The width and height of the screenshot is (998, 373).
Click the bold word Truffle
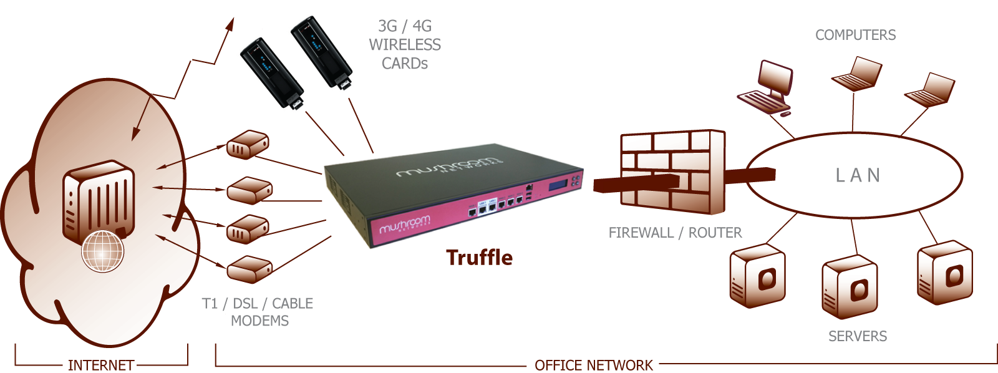click(479, 258)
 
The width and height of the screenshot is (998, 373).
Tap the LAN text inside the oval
click(858, 175)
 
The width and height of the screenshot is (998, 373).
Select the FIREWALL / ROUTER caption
click(675, 233)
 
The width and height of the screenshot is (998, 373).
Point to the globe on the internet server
click(103, 251)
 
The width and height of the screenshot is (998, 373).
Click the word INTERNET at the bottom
click(101, 365)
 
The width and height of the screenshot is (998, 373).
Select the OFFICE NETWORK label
click(593, 365)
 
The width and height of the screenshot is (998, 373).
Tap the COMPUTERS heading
click(855, 35)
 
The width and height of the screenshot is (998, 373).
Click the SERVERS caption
click(857, 336)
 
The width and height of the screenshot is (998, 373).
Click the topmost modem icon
click(248, 145)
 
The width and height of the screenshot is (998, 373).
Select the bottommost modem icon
click(249, 269)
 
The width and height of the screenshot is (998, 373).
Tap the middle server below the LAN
click(850, 286)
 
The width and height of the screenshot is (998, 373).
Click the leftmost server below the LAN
click(757, 276)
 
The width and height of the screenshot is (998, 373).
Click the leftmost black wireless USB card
click(272, 72)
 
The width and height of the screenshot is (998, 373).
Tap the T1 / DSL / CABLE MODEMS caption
click(258, 312)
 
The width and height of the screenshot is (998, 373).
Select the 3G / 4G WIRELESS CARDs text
click(404, 44)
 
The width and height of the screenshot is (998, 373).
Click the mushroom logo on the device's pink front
click(404, 225)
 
